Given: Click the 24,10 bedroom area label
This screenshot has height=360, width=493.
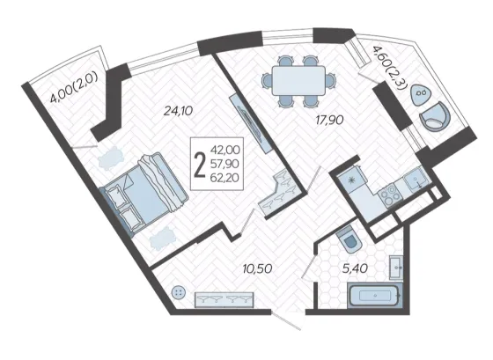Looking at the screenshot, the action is pyautogui.click(x=178, y=111).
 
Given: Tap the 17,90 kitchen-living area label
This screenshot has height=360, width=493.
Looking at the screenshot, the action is pyautogui.click(x=329, y=120).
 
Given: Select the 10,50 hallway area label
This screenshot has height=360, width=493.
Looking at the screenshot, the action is pyautogui.click(x=257, y=268).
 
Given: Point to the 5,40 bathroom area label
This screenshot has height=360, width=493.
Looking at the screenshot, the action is pyautogui.click(x=355, y=268).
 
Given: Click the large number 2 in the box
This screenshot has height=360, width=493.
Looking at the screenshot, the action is pyautogui.click(x=200, y=165).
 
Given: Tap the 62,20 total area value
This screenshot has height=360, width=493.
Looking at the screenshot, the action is pyautogui.click(x=225, y=178).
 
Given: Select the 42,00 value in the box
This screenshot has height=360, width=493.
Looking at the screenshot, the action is pyautogui.click(x=225, y=150).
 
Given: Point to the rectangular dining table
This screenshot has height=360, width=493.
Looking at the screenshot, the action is pyautogui.click(x=298, y=80).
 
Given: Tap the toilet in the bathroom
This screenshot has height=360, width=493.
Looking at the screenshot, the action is pyautogui.click(x=349, y=240).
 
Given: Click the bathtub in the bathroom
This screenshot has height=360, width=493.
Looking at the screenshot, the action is pyautogui.click(x=375, y=296).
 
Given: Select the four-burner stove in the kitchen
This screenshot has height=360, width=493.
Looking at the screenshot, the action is pyautogui.click(x=390, y=195).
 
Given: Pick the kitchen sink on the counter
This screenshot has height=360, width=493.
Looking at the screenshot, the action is pyautogui.click(x=417, y=179).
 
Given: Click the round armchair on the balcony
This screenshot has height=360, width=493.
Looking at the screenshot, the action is pyautogui.click(x=435, y=117).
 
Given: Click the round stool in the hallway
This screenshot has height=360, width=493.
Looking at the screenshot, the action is pyautogui.click(x=179, y=293).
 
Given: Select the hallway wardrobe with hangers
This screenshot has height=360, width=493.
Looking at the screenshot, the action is pyautogui.click(x=224, y=300).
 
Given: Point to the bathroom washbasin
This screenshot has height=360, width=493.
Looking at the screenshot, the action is pyautogui.click(x=396, y=268).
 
